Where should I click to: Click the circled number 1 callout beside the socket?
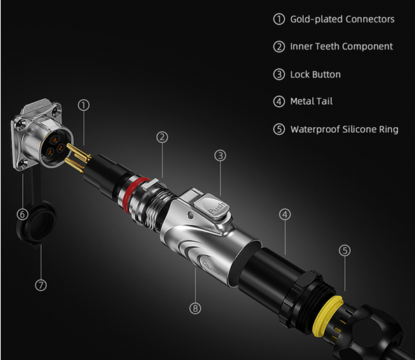pos(84,105)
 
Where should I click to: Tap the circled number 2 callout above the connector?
pos(162,137)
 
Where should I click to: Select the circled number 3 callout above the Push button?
pos(220,156)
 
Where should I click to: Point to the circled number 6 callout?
pos(22,214)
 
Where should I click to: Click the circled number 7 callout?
pos(41,285)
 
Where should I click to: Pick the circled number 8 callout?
pos(195,308)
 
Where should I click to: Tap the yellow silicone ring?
pos(326,315)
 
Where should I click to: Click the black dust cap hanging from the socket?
pos(36,223)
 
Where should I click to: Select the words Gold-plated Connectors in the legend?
pos(342,19)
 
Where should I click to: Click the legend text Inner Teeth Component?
pos(342,47)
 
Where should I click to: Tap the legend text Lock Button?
pos(315,75)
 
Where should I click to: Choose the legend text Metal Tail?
pos(311,101)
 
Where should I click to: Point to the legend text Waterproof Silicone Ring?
pos(344,129)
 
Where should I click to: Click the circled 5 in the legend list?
pos(279,129)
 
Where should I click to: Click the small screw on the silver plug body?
pos(190,215)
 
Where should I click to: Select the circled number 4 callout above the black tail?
pos(285,215)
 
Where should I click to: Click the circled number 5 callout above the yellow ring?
pos(344,250)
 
